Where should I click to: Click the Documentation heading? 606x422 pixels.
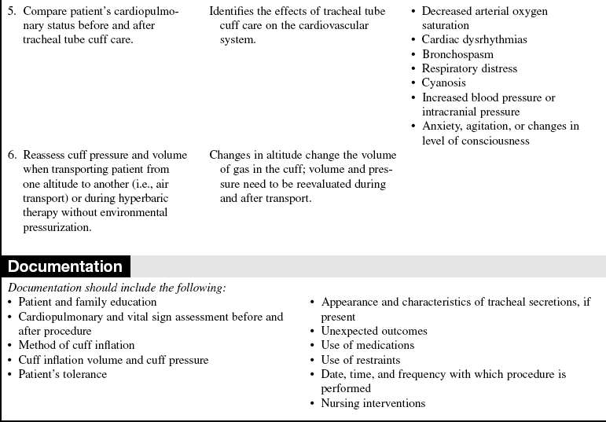pos(65,266)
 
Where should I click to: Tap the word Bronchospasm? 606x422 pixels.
pos(457,54)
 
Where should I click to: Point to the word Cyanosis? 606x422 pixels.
pos(443,83)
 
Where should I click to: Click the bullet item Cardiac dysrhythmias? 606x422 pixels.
pos(474,40)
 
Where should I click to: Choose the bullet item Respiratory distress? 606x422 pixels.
pos(469,68)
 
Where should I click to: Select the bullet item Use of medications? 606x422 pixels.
pos(367,345)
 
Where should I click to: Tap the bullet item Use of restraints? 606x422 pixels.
pos(361,360)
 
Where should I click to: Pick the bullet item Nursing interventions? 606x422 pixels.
pos(373,403)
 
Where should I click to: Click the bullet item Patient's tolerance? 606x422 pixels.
pos(62,374)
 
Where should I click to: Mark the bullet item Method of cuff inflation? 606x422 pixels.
pos(76,345)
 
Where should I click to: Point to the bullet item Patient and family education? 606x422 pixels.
pos(87,302)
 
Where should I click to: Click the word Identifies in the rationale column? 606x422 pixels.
pos(233,12)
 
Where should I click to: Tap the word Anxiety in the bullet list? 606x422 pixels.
pos(441,126)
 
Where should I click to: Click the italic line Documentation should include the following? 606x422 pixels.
pos(116,288)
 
